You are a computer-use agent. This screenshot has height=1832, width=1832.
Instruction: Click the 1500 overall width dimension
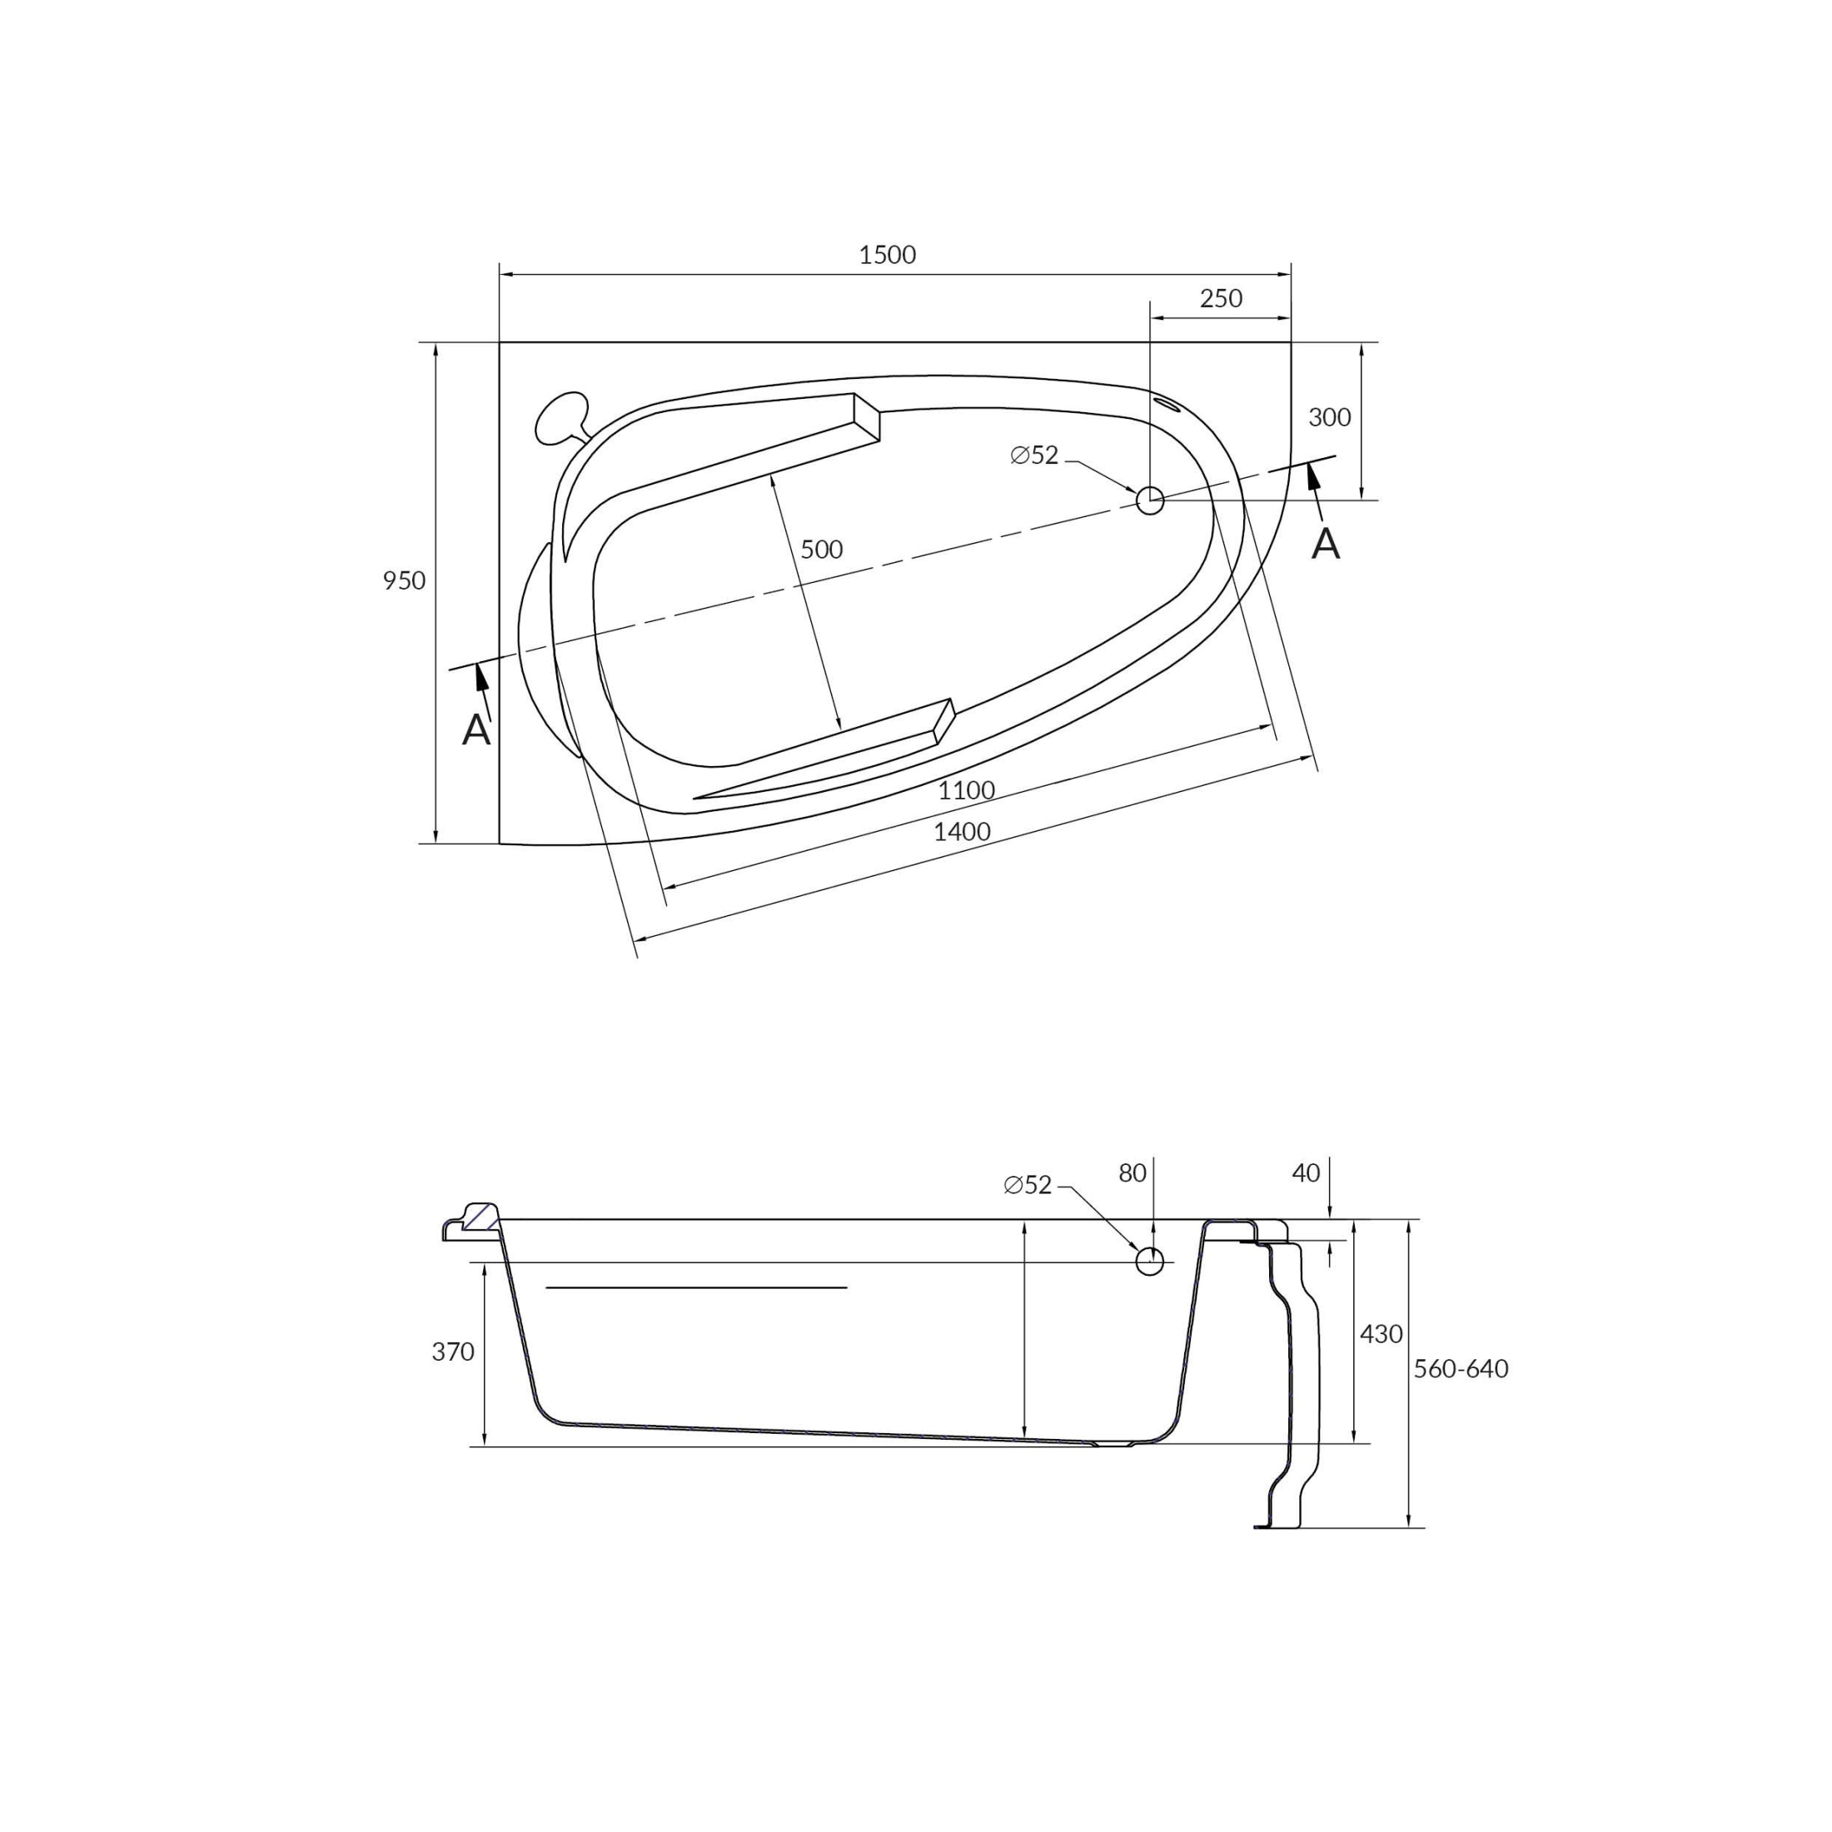pos(887,255)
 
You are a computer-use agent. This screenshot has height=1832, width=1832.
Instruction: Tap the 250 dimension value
pos(1221,299)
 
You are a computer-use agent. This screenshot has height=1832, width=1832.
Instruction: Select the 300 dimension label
pos(1328,418)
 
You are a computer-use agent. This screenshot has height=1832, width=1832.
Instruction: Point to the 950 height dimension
pos(404,581)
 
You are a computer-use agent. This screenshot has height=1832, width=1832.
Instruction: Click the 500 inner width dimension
pos(821,550)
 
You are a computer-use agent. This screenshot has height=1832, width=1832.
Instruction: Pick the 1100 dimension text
pos(966,791)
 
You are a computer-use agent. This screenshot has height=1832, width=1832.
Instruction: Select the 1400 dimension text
pos(962,833)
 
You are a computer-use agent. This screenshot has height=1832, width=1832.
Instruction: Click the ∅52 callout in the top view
pos(1033,456)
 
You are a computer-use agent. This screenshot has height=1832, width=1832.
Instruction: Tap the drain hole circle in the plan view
pos(1149,500)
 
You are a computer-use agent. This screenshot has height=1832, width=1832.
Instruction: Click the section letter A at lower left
pos(476,730)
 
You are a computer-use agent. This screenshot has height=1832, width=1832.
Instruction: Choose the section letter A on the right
pos(1325,545)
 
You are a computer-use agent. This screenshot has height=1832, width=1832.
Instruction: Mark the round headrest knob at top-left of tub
pos(560,418)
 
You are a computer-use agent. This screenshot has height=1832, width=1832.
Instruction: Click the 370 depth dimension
pos(452,1352)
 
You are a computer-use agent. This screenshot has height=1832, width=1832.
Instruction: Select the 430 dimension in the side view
pos(1381,1334)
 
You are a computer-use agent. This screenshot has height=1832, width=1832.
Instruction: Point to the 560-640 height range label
pos(1461,1369)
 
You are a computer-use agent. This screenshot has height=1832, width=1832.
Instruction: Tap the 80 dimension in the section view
pos(1133,1174)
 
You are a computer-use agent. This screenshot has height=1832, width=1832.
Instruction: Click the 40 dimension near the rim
pos(1306,1174)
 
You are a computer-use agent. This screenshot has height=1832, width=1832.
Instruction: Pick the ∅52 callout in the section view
pos(1028,1185)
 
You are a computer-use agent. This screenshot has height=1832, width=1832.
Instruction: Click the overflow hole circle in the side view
pos(1149,1261)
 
